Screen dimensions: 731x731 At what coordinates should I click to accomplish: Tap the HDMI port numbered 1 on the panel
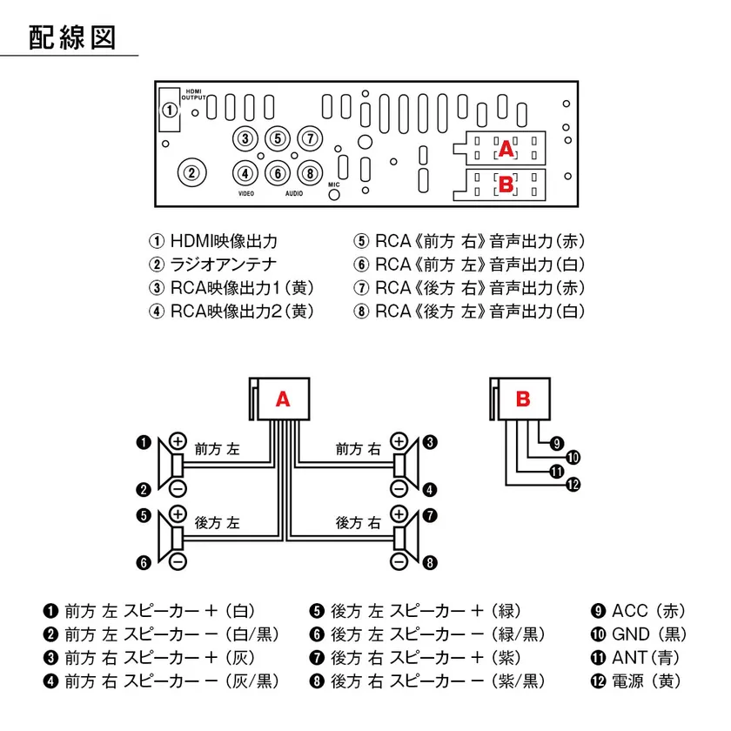point(169,111)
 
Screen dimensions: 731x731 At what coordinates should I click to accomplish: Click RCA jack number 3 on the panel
point(246,138)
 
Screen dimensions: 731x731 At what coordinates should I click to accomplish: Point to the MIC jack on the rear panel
point(334,194)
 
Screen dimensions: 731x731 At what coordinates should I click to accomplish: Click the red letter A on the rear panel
point(506,149)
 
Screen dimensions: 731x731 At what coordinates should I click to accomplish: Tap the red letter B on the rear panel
point(505,184)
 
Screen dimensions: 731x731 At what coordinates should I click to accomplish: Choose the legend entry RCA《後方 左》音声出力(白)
point(469,311)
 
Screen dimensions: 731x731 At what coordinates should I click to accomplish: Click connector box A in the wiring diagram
point(282,399)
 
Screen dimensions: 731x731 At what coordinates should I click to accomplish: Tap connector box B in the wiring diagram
point(523,399)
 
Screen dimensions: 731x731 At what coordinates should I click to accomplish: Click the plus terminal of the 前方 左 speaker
point(178,441)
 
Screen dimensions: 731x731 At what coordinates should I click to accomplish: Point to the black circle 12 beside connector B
point(572,486)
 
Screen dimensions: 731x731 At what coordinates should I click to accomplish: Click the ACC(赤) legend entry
point(639,611)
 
